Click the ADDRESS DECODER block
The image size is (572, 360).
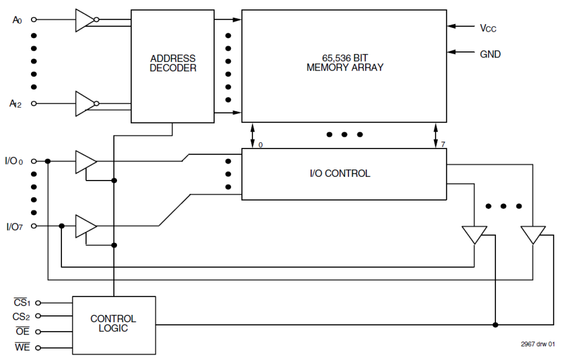(173, 66)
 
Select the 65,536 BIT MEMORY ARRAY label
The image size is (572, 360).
(344, 63)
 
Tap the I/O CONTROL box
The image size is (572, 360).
(344, 174)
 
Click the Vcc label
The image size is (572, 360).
(488, 28)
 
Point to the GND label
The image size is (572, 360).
(490, 54)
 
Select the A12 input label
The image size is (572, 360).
(16, 103)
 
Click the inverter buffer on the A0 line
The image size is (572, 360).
(85, 20)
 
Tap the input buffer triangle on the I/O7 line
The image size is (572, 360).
(85, 226)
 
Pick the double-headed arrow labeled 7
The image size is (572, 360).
(436, 135)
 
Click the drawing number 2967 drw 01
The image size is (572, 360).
(537, 344)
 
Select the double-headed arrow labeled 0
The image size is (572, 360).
(252, 135)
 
